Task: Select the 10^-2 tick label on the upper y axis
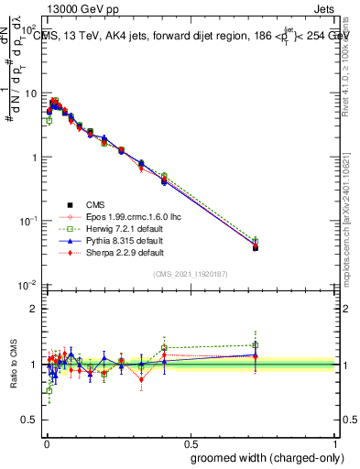click(28, 285)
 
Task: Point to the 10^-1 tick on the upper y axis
click(28, 221)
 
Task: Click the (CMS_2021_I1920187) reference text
click(191, 274)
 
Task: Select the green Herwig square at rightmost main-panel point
click(256, 242)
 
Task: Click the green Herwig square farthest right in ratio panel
click(256, 345)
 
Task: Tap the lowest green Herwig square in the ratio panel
click(49, 390)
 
